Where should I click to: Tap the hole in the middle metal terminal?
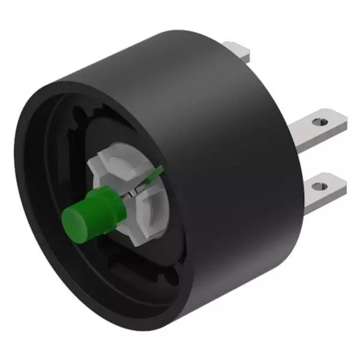(319, 121)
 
